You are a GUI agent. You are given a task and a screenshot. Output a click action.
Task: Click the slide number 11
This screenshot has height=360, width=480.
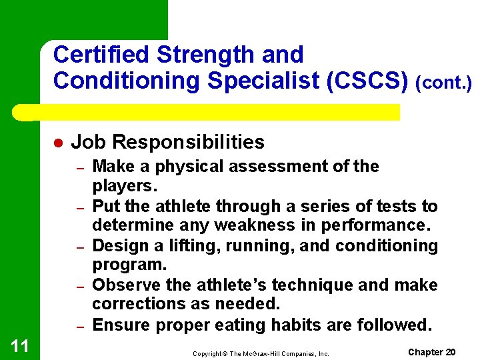point(19,345)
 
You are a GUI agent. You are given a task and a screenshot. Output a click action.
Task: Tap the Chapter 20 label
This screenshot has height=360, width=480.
point(431,352)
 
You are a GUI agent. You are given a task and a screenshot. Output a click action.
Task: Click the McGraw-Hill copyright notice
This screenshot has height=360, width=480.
point(261,353)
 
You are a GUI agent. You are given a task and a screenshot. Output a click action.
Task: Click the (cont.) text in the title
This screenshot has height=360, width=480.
point(443,83)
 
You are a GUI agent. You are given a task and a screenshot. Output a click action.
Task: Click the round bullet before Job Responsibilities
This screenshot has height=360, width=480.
point(58,143)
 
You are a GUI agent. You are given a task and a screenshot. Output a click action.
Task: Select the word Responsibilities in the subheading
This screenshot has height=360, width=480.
point(189,142)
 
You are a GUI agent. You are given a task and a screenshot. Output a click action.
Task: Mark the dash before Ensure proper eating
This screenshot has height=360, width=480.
point(79,327)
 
